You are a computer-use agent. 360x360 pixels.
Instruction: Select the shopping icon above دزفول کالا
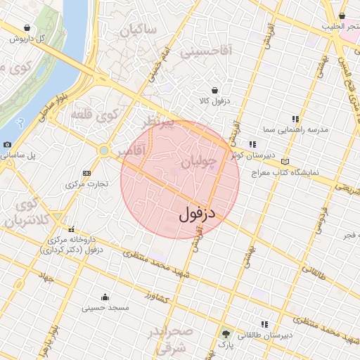pyautogui.click(x=214, y=90)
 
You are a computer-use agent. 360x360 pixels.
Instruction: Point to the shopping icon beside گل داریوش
pyautogui.click(x=27, y=28)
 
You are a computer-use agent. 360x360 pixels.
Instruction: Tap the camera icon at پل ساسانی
pyautogui.click(x=7, y=144)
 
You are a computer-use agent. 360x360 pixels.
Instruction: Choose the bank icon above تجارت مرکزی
pyautogui.click(x=86, y=173)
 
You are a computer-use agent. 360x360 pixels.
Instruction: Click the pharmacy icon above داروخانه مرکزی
pyautogui.click(x=71, y=229)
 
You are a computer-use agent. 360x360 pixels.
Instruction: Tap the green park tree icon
pyautogui.click(x=226, y=333)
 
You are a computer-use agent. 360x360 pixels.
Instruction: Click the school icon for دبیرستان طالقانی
pyautogui.click(x=264, y=324)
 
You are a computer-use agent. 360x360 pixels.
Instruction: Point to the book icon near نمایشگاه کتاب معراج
pyautogui.click(x=284, y=161)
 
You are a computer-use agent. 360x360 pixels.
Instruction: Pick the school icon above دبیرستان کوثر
pyautogui.click(x=252, y=144)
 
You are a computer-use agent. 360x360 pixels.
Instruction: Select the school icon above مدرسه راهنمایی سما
pyautogui.click(x=295, y=120)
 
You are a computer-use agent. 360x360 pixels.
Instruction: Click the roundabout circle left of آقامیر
pyautogui.click(x=104, y=150)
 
